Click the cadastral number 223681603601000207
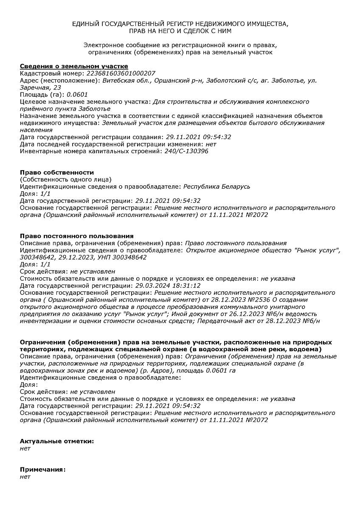(121, 73)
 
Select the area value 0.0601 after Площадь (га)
(77, 95)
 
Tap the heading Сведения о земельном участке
(74, 66)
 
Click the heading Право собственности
(57, 172)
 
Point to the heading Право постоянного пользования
(77, 236)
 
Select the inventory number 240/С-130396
(186, 151)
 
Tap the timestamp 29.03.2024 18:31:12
(168, 285)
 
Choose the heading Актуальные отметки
(57, 441)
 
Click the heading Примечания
(43, 470)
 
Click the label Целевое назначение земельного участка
(84, 102)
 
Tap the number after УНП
(131, 257)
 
